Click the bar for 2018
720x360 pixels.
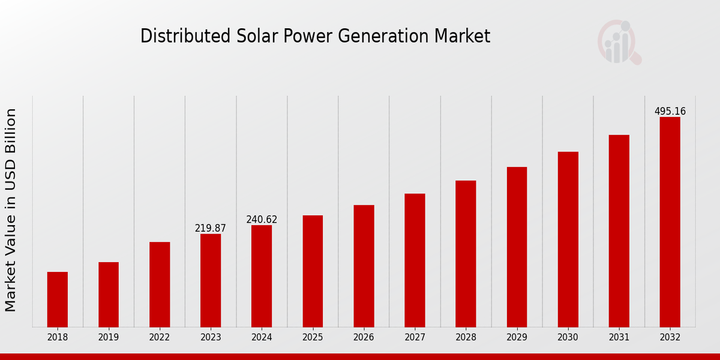click(x=58, y=299)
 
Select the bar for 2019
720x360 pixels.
click(x=109, y=295)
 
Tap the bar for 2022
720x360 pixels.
click(x=160, y=284)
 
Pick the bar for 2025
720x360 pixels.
click(x=313, y=271)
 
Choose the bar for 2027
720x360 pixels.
click(x=415, y=260)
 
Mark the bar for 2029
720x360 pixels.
click(x=517, y=247)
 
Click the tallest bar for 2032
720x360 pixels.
click(x=670, y=222)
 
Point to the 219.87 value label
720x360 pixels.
click(x=211, y=228)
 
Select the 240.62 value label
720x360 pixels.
click(x=262, y=220)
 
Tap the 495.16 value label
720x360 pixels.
click(x=670, y=112)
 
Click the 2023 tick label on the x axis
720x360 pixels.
click(x=211, y=338)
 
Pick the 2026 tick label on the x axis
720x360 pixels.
click(x=364, y=338)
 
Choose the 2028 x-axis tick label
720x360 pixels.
click(x=466, y=338)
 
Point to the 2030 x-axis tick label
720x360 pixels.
click(x=568, y=338)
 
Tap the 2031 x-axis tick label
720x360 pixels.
click(x=619, y=338)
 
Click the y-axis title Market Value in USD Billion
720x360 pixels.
click(x=11, y=210)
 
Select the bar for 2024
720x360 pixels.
click(x=262, y=276)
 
